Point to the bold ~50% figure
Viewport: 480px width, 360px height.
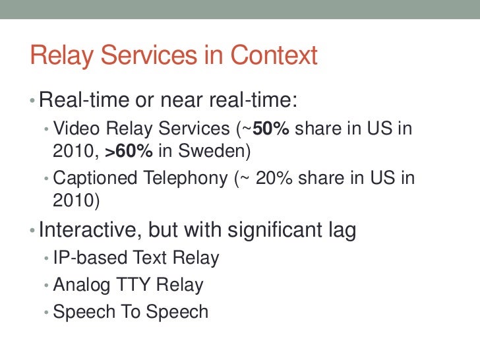tap(267, 128)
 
